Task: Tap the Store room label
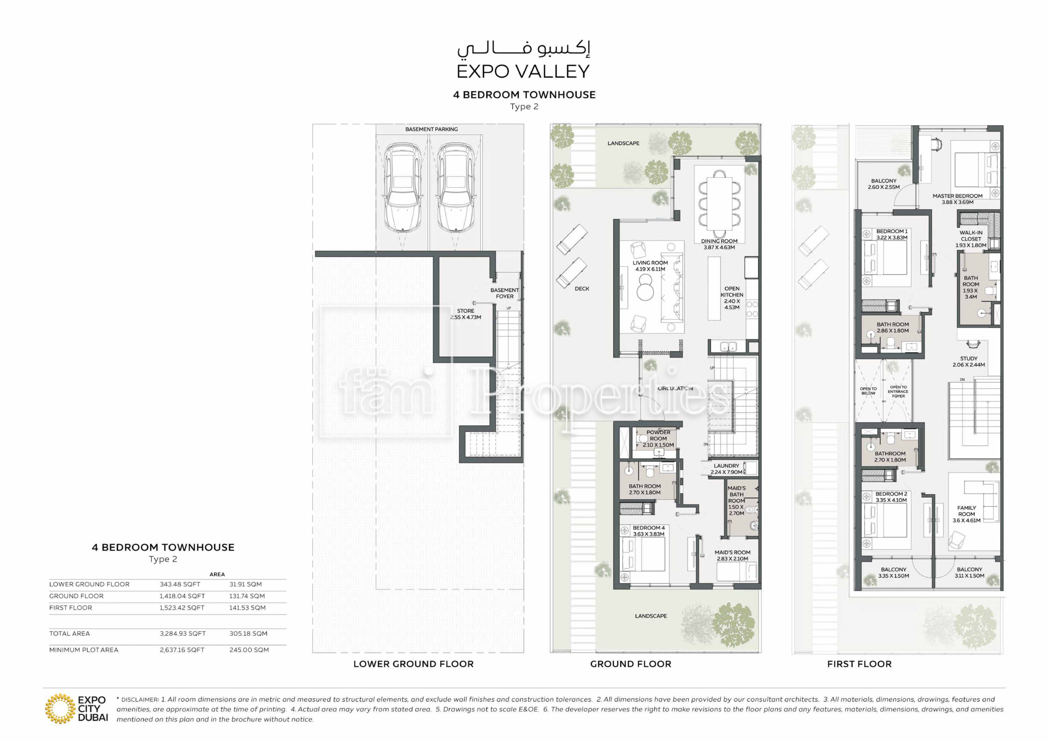(x=465, y=314)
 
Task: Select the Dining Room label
(x=719, y=244)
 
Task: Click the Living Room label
(x=650, y=266)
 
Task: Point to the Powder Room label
(x=658, y=439)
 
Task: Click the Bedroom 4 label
(x=648, y=531)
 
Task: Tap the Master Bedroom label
(x=957, y=199)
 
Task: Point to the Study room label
(x=969, y=361)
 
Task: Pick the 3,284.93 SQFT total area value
(x=183, y=633)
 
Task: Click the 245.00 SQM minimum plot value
(x=249, y=650)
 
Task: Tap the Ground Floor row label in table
(x=76, y=596)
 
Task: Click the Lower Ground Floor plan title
(x=413, y=664)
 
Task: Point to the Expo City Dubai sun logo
(x=60, y=709)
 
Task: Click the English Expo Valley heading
(x=523, y=71)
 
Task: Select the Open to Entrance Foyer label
(x=898, y=392)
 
